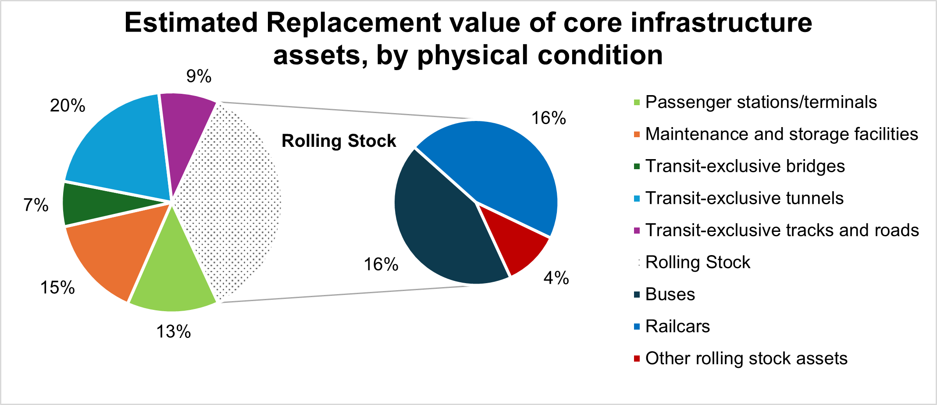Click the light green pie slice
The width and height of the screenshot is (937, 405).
(173, 276)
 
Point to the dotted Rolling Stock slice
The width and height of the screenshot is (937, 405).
(232, 202)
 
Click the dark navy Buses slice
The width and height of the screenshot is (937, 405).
(443, 224)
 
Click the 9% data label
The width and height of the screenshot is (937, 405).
(199, 77)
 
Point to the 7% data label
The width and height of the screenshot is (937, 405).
(36, 205)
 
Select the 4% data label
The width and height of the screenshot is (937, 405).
(556, 278)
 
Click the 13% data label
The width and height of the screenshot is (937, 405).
(174, 332)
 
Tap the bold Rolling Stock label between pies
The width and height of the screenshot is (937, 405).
(338, 141)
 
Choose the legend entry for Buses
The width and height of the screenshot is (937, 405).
(670, 295)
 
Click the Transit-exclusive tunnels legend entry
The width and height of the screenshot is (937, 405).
(744, 199)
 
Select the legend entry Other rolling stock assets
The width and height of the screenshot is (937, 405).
(746, 359)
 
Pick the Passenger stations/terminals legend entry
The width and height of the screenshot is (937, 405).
(761, 103)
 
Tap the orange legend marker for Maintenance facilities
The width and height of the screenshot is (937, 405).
(637, 134)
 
